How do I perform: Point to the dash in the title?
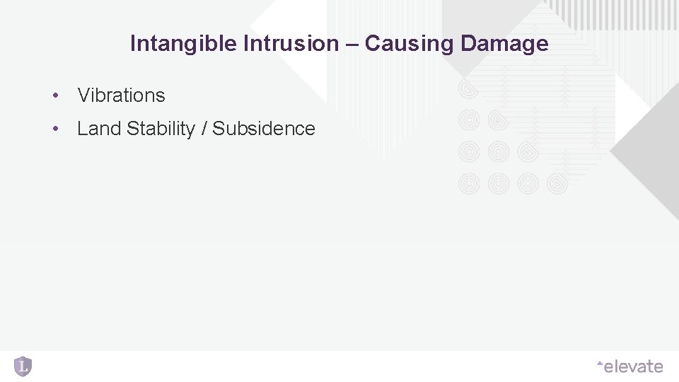click(x=352, y=44)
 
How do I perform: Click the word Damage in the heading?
click(x=504, y=44)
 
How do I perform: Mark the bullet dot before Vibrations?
click(x=54, y=95)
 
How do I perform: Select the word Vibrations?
click(x=121, y=95)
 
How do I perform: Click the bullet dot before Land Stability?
click(x=54, y=129)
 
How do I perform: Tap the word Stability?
click(x=161, y=129)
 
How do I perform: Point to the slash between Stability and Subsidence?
click(x=204, y=129)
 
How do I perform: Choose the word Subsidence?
click(x=264, y=129)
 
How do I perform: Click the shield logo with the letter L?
click(x=23, y=366)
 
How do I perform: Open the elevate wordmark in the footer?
click(x=634, y=366)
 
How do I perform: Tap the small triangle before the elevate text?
click(x=600, y=364)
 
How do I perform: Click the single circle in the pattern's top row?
click(x=469, y=88)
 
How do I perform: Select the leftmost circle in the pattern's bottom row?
click(x=469, y=184)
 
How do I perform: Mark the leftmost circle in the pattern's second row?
click(x=469, y=120)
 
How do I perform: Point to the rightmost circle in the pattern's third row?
click(x=528, y=152)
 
